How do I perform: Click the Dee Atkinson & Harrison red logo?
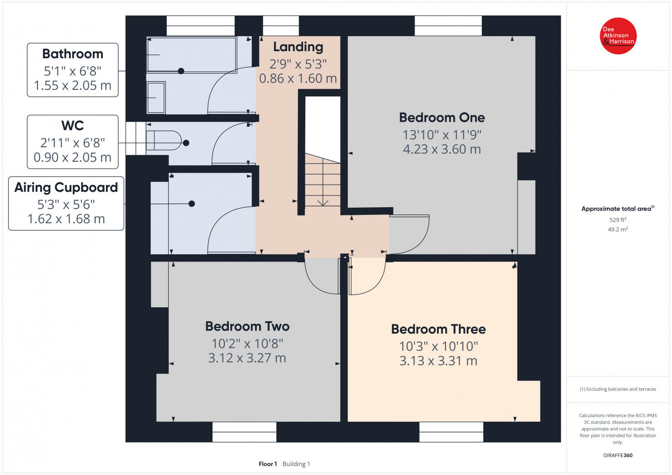pos(618,36)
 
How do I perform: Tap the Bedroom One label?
pos(442,117)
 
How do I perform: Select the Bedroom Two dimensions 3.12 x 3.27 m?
pos(247,358)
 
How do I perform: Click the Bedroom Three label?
pos(438,329)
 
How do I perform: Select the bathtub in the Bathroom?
pos(191,55)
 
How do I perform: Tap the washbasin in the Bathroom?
pos(156,97)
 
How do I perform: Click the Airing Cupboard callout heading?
pos(66,187)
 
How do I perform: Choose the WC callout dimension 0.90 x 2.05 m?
pos(72,157)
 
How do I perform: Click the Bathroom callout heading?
pos(73,54)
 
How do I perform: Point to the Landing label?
pos(298,47)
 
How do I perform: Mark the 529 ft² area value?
pos(617,220)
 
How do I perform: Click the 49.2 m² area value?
pos(617,230)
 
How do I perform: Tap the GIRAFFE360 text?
pos(617,455)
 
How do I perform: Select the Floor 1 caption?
pos(268,464)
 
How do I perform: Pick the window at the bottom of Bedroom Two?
pos(244,432)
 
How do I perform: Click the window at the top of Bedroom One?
pos(448,26)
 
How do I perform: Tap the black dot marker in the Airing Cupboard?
pos(192,204)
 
